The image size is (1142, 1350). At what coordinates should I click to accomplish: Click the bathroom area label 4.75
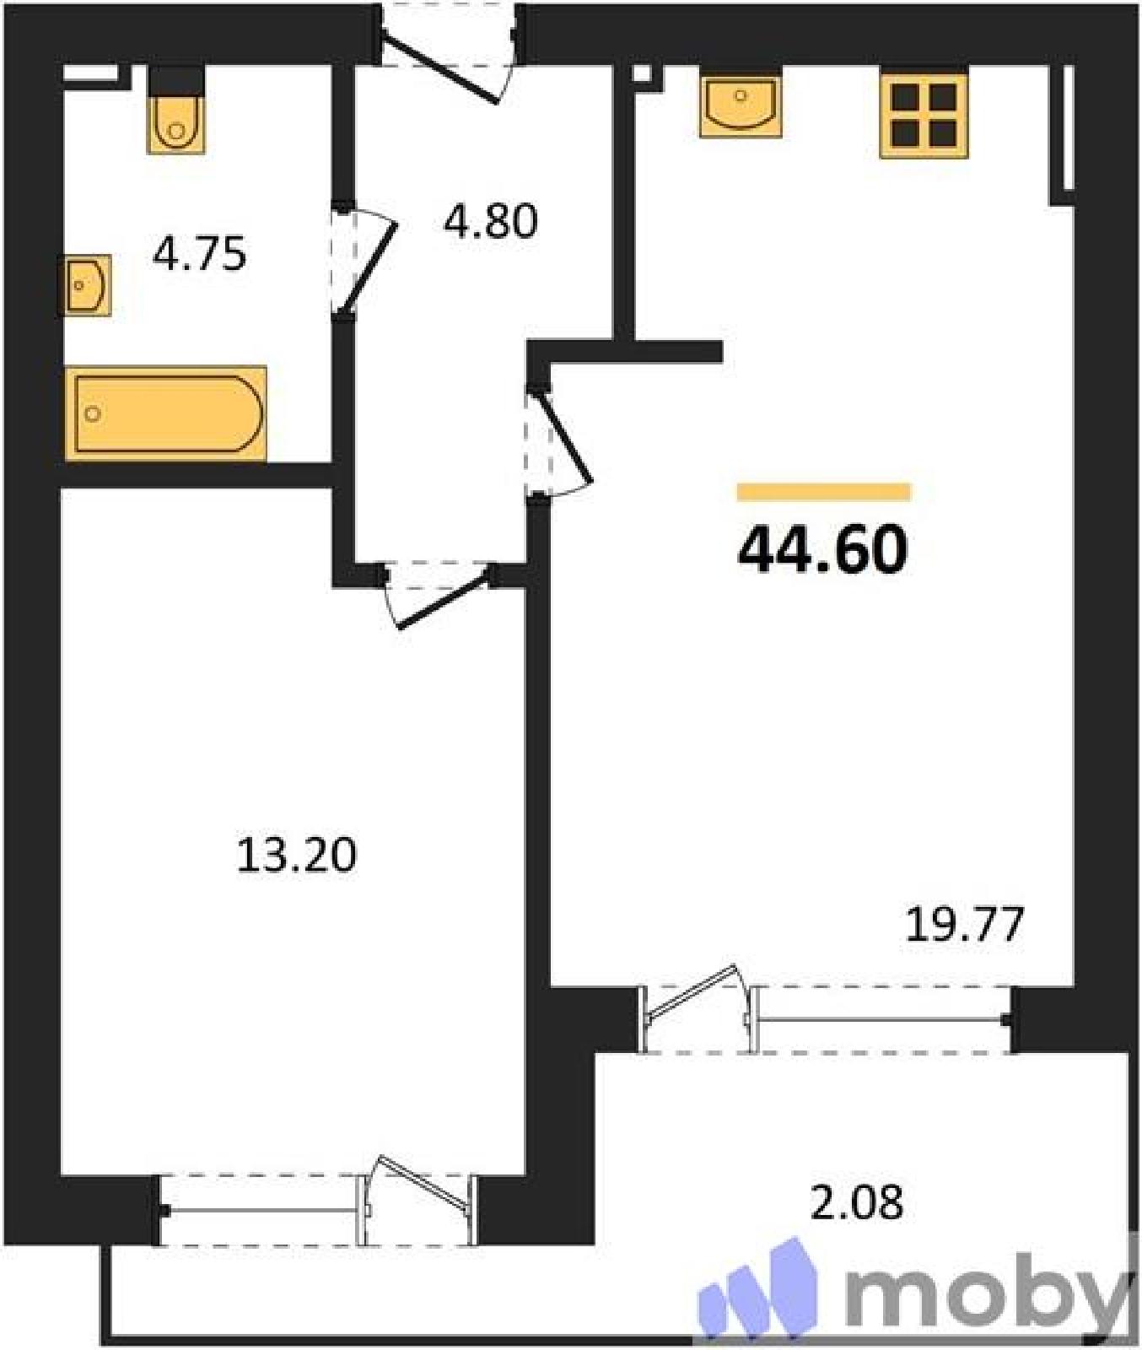[199, 254]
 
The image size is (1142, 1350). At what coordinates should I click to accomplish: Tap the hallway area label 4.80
[490, 222]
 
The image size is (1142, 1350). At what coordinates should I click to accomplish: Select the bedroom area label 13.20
[296, 855]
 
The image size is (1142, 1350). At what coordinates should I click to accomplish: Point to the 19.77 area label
[965, 924]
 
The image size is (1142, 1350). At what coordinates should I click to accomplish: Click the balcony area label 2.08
[857, 1202]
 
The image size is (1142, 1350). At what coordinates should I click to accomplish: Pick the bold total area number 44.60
[822, 549]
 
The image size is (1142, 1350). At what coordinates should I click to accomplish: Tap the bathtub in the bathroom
[166, 413]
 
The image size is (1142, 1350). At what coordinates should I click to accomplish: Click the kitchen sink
[741, 105]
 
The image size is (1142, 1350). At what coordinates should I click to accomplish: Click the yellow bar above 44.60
[824, 492]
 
